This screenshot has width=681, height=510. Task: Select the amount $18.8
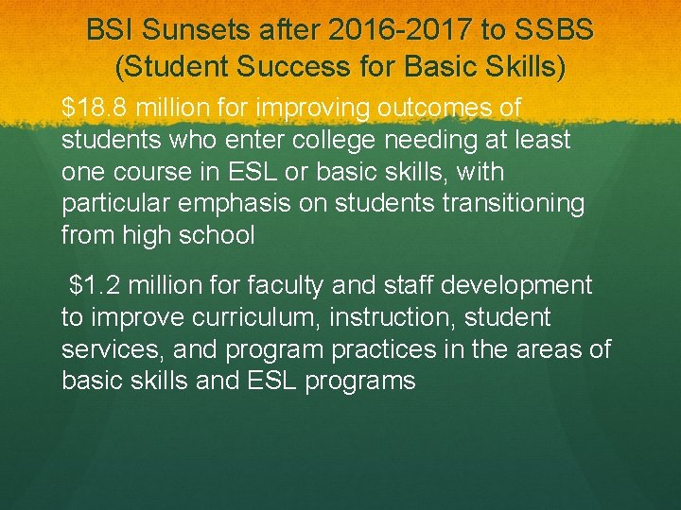click(x=95, y=109)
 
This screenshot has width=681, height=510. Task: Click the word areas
click(x=554, y=348)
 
